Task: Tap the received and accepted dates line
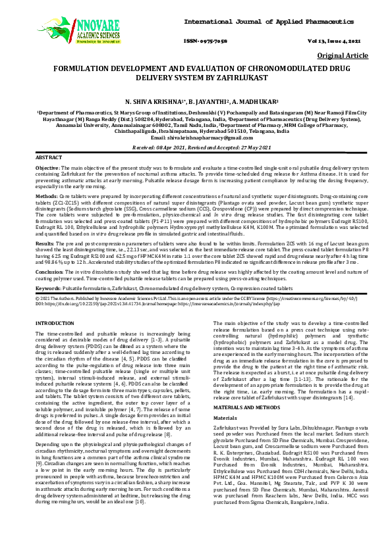click(x=196, y=147)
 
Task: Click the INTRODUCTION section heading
click(x=55, y=324)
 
